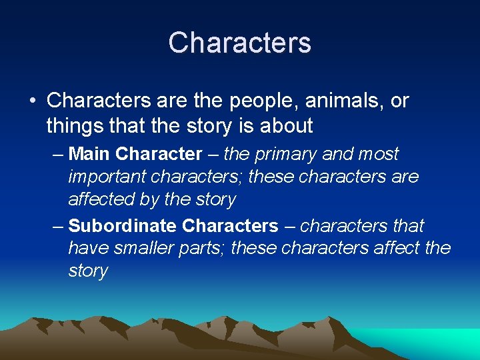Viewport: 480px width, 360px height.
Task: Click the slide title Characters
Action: click(239, 43)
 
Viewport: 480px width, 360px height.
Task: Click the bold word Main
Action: click(89, 155)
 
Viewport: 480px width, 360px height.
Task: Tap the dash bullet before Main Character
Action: click(57, 155)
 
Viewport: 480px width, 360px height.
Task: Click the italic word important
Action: click(108, 177)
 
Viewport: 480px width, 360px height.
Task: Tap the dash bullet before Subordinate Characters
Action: click(57, 226)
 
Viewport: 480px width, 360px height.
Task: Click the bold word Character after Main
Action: click(158, 155)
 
